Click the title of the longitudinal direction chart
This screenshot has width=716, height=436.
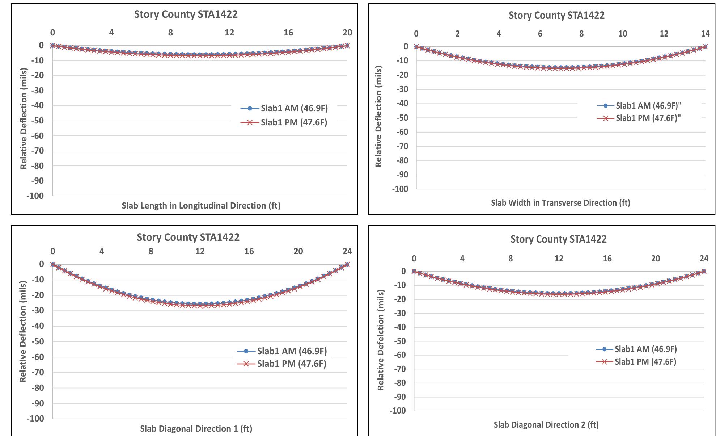186,14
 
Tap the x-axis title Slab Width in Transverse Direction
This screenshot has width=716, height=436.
560,203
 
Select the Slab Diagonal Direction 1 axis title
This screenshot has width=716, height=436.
196,429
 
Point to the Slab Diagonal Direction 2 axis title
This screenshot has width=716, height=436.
546,425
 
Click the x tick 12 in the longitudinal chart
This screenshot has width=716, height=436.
229,33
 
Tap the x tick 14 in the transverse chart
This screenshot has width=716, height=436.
705,34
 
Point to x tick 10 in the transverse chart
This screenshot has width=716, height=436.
623,34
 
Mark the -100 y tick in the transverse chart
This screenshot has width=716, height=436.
400,189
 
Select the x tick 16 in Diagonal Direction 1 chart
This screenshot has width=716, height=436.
249,251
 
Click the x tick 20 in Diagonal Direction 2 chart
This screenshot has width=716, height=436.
656,259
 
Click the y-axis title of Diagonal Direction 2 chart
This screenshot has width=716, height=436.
381,340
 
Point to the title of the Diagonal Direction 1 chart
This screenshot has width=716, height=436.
188,237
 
